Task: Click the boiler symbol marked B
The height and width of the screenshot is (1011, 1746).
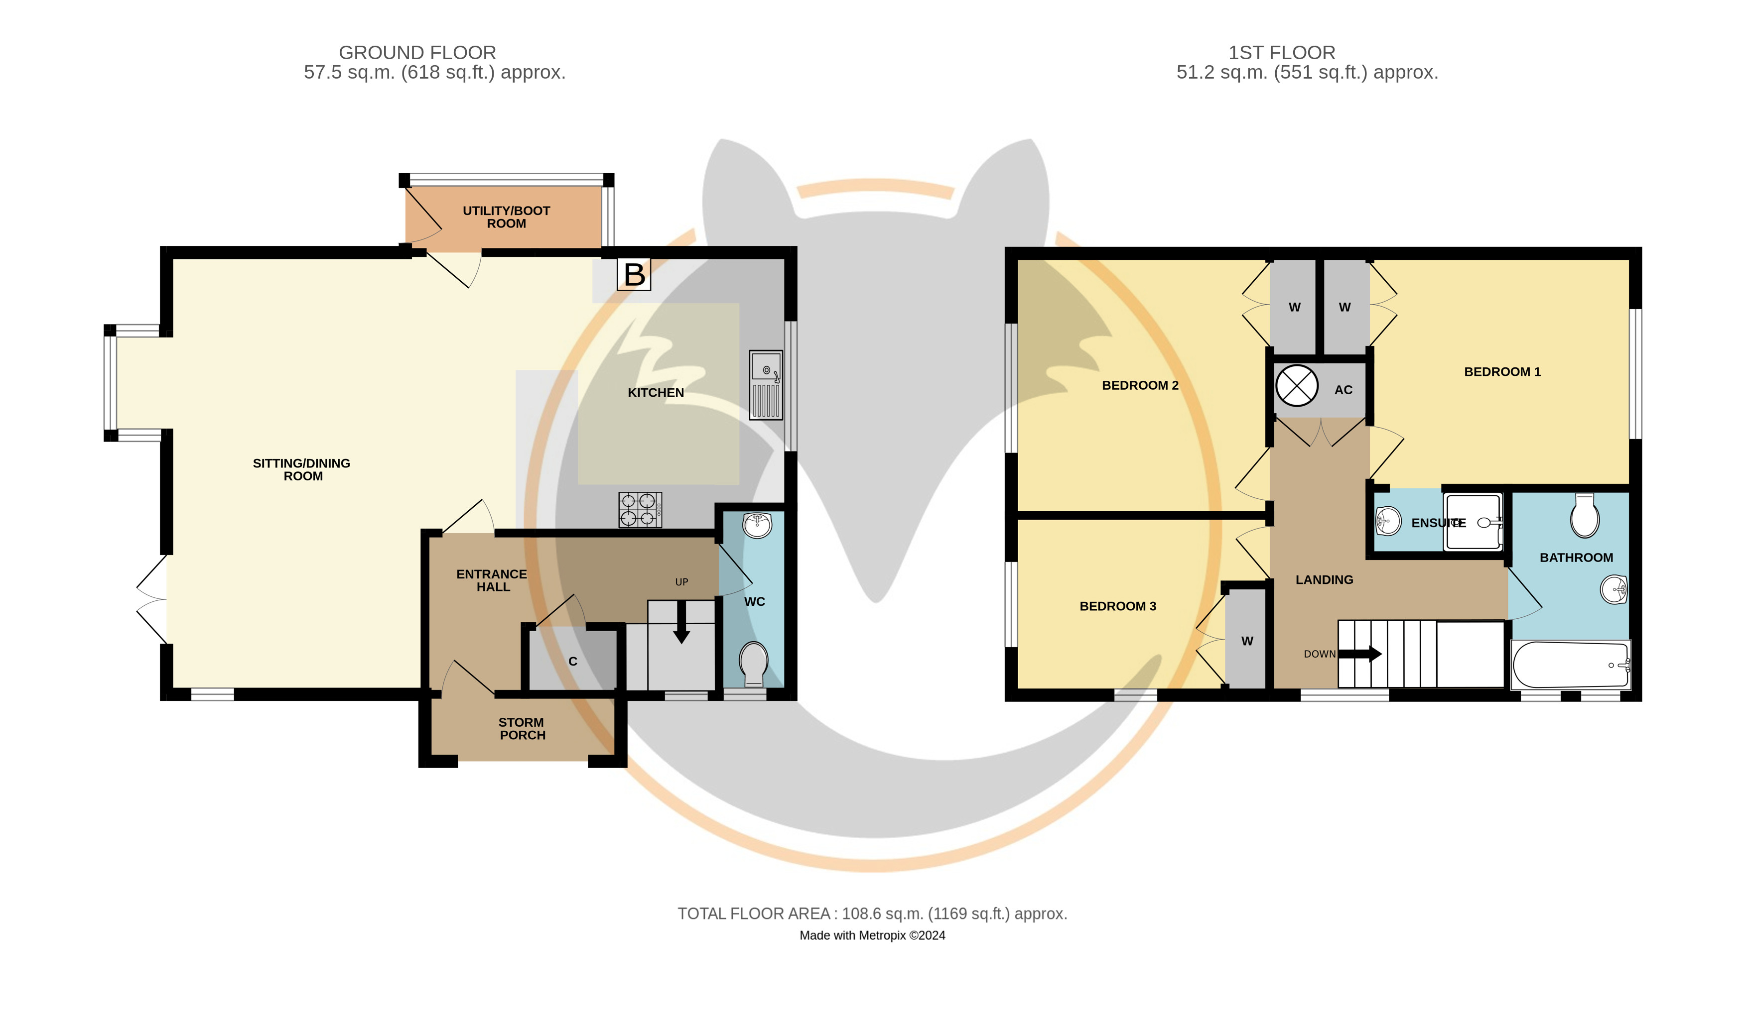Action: point(634,274)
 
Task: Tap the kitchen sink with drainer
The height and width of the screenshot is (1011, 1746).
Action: point(766,385)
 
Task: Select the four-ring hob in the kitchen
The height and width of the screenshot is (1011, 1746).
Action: point(640,510)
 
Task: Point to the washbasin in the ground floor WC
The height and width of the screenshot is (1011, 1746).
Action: point(757,525)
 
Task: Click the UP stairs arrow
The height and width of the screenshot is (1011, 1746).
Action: point(682,622)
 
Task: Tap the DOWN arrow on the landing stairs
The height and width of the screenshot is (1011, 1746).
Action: point(1360,654)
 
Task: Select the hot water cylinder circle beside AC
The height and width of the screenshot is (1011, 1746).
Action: point(1296,386)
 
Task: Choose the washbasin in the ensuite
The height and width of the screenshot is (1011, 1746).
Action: point(1388,521)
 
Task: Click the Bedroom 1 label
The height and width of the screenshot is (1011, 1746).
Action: point(1502,372)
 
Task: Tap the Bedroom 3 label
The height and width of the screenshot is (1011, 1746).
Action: point(1117,606)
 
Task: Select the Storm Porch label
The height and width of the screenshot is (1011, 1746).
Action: point(522,728)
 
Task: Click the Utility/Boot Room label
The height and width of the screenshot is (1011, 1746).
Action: point(507,217)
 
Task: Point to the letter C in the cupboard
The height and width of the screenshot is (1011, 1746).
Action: point(573,661)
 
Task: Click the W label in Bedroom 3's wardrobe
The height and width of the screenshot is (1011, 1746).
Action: point(1247,641)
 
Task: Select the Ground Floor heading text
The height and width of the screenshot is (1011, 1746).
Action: point(417,53)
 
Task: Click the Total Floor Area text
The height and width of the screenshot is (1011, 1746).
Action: point(872,914)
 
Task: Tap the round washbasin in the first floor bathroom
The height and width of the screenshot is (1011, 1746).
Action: point(1613,590)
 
